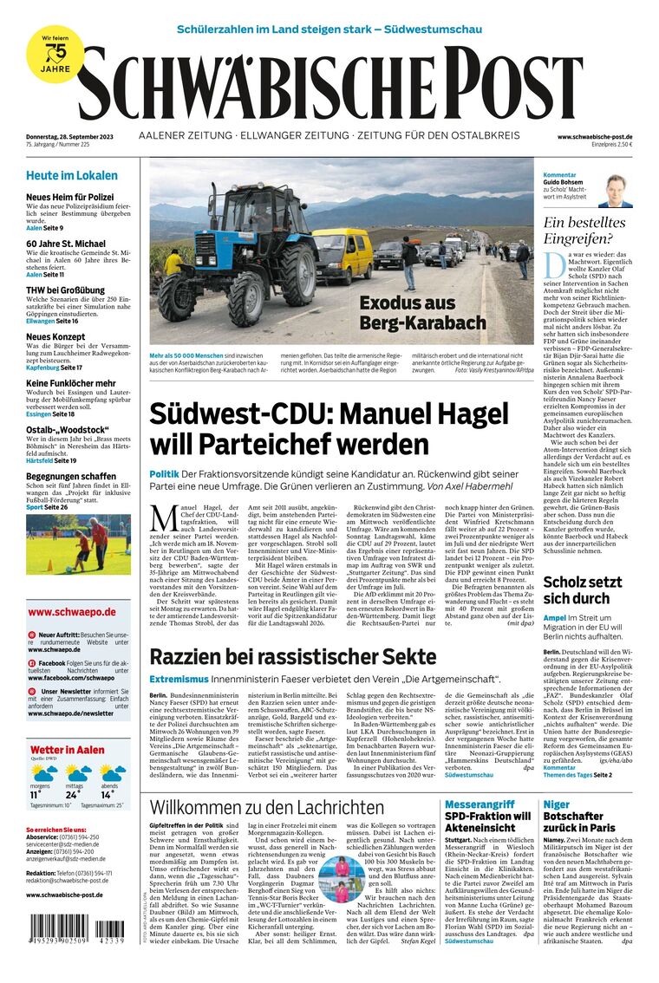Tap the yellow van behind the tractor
click(x=343, y=253)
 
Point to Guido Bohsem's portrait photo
click(x=615, y=191)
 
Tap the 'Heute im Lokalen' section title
click(x=71, y=175)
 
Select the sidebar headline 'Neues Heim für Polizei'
click(x=69, y=198)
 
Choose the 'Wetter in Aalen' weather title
click(x=68, y=750)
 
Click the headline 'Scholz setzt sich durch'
click(x=583, y=590)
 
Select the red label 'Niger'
click(x=557, y=804)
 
